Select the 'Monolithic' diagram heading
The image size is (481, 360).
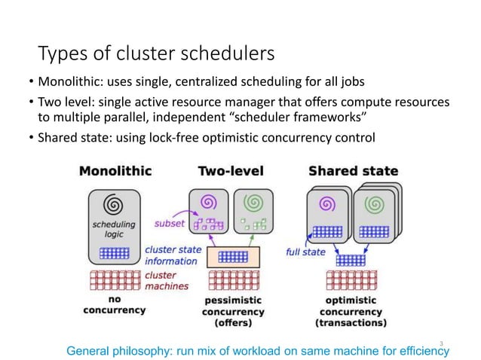[x=115, y=171]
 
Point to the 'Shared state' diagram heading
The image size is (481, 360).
[x=353, y=171]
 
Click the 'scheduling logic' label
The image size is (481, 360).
[x=113, y=229]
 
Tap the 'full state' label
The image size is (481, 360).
[x=305, y=252]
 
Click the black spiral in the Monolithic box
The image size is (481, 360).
[x=113, y=204]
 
